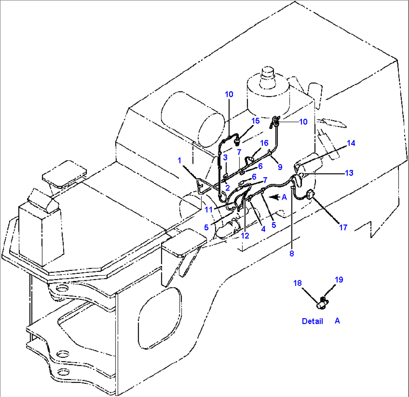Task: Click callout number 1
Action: (x=179, y=160)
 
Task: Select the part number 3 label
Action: (x=226, y=157)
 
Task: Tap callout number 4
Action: (x=263, y=228)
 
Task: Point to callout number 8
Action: (x=292, y=254)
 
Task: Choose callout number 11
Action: (x=209, y=209)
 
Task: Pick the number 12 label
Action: (x=245, y=236)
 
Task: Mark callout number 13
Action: (x=349, y=173)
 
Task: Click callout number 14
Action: (x=350, y=143)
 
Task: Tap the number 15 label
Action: (x=255, y=121)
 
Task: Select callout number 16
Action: (x=264, y=143)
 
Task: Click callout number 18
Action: (x=298, y=283)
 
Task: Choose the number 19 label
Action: (x=339, y=280)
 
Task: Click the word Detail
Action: (x=312, y=322)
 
